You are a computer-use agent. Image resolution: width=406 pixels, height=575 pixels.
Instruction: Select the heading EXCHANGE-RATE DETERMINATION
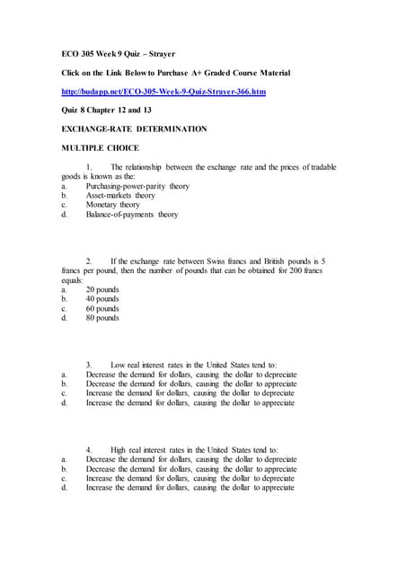pos(133,128)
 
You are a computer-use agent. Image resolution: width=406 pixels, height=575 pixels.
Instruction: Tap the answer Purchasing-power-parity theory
pos(137,186)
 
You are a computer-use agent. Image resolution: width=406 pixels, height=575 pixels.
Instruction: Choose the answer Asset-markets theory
pos(120,196)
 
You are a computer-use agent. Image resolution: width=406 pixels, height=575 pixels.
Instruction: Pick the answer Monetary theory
pos(112,205)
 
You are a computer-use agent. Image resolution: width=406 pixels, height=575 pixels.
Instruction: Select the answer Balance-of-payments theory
pos(132,215)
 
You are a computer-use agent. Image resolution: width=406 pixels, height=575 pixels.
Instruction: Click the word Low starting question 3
pos(119,365)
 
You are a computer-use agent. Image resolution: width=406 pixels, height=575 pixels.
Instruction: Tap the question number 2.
pos(89,261)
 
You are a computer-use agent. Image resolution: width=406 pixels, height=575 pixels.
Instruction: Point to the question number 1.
pos(89,167)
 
